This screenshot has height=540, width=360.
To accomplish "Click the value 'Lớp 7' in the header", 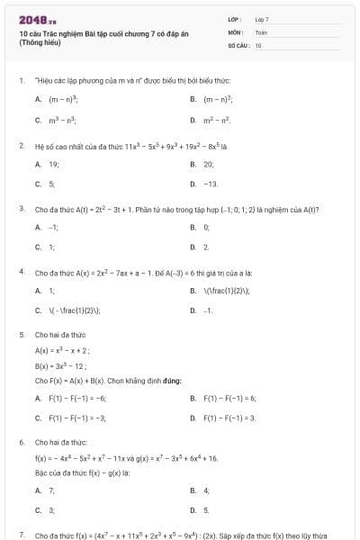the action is click(262, 18).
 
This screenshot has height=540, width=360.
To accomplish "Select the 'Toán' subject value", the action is click(261, 31).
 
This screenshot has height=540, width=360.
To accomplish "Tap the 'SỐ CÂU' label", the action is click(237, 44).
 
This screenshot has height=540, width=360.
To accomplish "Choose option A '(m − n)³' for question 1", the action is click(63, 99).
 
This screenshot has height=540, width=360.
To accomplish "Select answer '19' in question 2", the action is click(53, 165).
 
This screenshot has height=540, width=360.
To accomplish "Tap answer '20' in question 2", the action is click(209, 165).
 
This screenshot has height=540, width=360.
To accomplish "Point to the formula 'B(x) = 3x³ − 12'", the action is click(60, 366).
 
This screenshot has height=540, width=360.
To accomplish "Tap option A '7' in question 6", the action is click(51, 490).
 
